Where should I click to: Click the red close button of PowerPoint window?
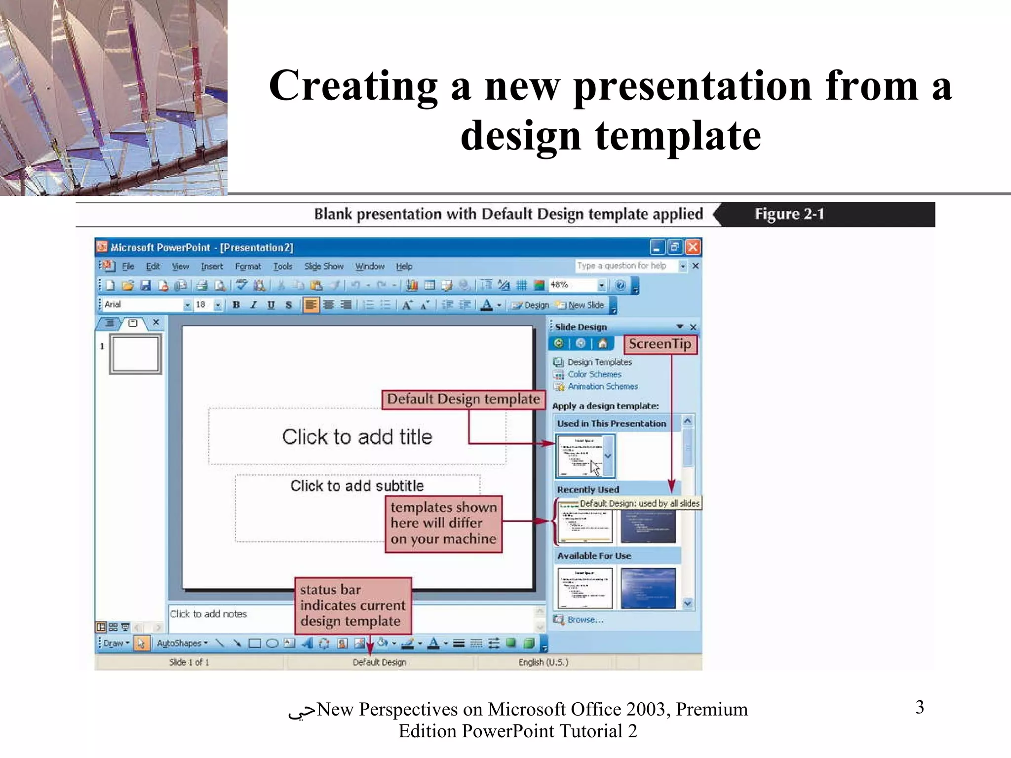[x=693, y=247]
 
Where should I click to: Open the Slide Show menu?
[x=323, y=266]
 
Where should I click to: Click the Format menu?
[x=248, y=266]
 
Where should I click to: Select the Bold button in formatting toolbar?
[x=236, y=305]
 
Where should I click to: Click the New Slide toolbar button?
[x=581, y=305]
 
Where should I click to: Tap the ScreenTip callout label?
[x=660, y=344]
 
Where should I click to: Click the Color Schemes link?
[x=594, y=375]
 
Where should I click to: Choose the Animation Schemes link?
[x=602, y=386]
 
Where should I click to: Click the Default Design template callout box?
[x=463, y=399]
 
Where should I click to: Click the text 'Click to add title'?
[x=357, y=437]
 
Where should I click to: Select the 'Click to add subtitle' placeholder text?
[x=357, y=486]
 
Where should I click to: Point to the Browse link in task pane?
[x=585, y=620]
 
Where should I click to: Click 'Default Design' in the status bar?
[x=379, y=662]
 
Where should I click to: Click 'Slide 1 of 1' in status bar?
[x=189, y=662]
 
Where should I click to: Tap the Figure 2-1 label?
[x=789, y=214]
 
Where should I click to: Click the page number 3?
[x=920, y=707]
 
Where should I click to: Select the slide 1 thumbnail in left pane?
[x=135, y=354]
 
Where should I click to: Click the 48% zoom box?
[x=573, y=285]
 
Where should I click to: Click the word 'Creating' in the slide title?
[x=353, y=86]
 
